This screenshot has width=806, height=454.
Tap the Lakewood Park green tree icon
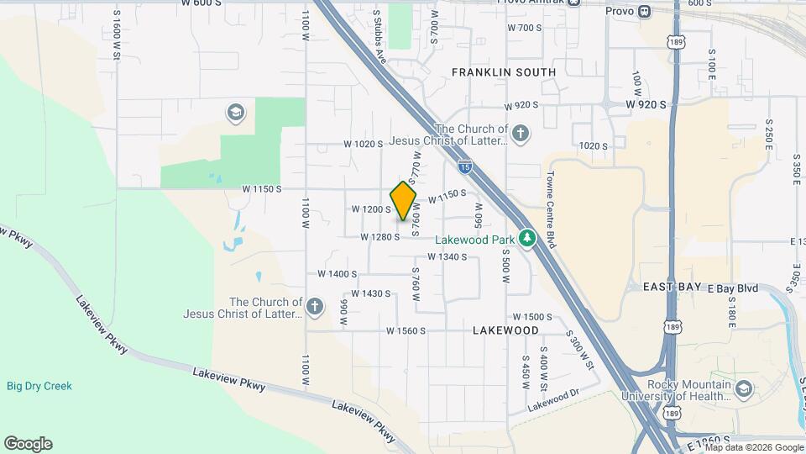(526, 239)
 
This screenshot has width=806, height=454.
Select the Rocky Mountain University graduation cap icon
(744, 388)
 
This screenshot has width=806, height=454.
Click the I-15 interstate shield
(464, 166)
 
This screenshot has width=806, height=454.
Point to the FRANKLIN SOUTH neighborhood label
(504, 72)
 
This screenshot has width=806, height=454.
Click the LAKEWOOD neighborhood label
(505, 330)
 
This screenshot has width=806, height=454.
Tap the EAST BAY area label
(673, 288)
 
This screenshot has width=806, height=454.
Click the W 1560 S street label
(406, 331)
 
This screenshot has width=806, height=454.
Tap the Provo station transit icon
(644, 11)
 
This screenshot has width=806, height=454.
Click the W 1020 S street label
(363, 145)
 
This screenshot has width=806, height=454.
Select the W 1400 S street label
(338, 274)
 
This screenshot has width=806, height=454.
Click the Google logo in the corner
(28, 444)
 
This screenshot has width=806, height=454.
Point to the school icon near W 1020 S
(235, 112)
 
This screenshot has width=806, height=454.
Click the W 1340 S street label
(439, 256)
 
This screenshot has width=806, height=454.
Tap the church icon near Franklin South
(521, 133)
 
